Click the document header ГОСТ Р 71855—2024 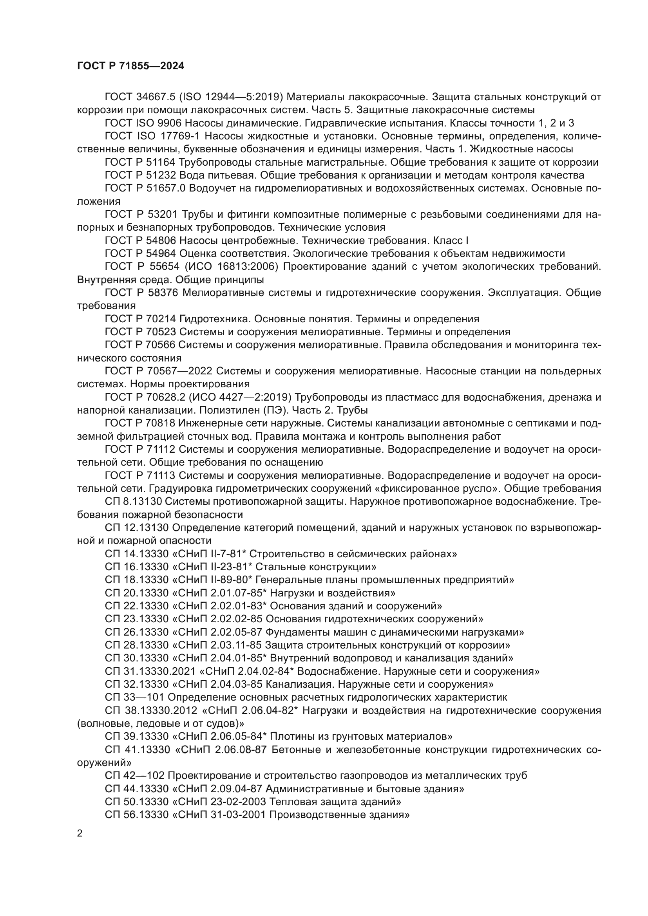pyautogui.click(x=130, y=66)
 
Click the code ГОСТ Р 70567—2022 pyautogui.click(x=158, y=371)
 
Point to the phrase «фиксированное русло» pyautogui.click(x=429, y=489)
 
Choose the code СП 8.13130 pyautogui.click(x=133, y=502)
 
